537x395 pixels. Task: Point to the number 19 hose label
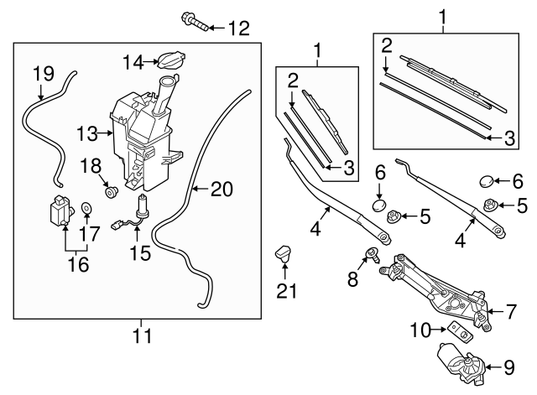click(43, 73)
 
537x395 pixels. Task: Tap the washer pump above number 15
click(143, 206)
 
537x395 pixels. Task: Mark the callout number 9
click(508, 366)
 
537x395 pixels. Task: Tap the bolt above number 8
click(371, 253)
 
